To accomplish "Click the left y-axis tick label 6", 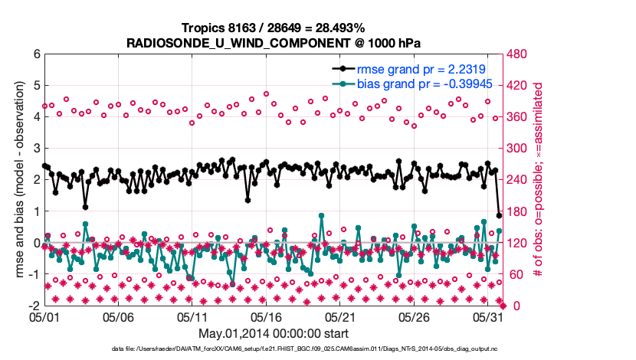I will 36,54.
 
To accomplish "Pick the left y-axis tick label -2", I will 34,306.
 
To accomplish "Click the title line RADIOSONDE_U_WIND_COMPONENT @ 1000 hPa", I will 273,43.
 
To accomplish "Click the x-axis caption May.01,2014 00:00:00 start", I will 273,333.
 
